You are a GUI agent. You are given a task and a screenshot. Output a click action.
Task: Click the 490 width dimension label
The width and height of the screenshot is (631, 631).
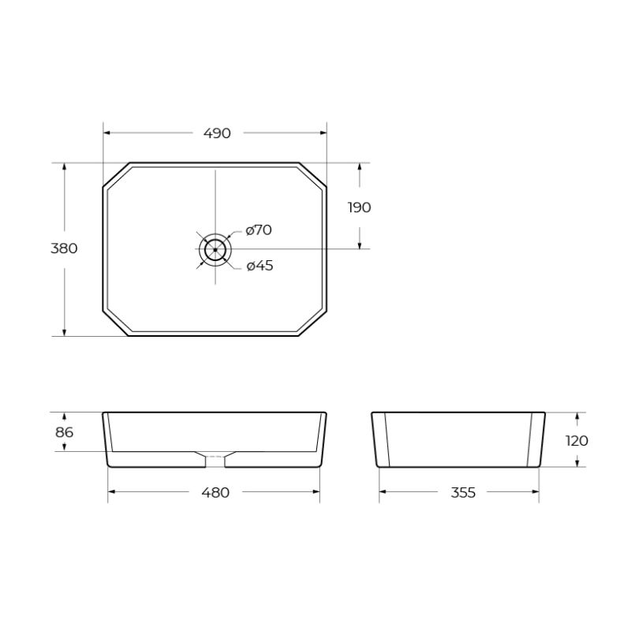(x=217, y=133)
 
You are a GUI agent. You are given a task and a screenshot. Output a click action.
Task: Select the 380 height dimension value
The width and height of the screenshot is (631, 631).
(x=64, y=248)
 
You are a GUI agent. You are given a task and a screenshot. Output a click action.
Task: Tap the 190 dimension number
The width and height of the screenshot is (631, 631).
(x=359, y=207)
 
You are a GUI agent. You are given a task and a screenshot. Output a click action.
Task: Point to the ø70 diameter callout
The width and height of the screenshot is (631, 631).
(x=259, y=230)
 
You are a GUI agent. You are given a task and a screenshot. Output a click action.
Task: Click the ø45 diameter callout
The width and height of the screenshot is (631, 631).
(x=259, y=266)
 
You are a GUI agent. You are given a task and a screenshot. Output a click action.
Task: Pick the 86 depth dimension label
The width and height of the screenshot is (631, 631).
(x=65, y=432)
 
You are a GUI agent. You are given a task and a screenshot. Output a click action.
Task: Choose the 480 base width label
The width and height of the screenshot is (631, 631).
(x=215, y=492)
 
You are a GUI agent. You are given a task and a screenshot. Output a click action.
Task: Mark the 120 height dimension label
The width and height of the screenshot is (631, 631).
(x=577, y=440)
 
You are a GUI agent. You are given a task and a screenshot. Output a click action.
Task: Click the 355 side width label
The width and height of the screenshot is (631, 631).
(x=463, y=492)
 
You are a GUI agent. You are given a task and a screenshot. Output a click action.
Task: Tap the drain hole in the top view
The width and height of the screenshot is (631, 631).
(x=215, y=249)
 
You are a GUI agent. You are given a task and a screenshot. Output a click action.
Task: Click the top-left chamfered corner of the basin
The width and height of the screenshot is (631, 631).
(x=117, y=175)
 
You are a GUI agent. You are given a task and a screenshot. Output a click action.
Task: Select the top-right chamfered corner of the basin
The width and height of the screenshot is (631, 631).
(x=313, y=175)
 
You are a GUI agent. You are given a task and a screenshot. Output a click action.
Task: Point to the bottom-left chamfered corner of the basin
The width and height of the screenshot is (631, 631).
(x=116, y=323)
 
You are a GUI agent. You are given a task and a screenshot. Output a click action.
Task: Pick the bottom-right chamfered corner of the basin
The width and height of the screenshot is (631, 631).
(x=313, y=323)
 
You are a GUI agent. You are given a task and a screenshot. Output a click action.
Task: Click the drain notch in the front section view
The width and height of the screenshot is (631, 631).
(x=215, y=456)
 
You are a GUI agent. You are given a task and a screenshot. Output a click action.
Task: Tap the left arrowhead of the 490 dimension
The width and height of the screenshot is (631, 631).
(x=107, y=133)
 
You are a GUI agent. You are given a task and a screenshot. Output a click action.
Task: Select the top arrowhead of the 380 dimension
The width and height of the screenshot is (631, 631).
(x=64, y=167)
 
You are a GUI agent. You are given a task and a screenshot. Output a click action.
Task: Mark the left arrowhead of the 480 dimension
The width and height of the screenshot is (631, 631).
(x=111, y=492)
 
